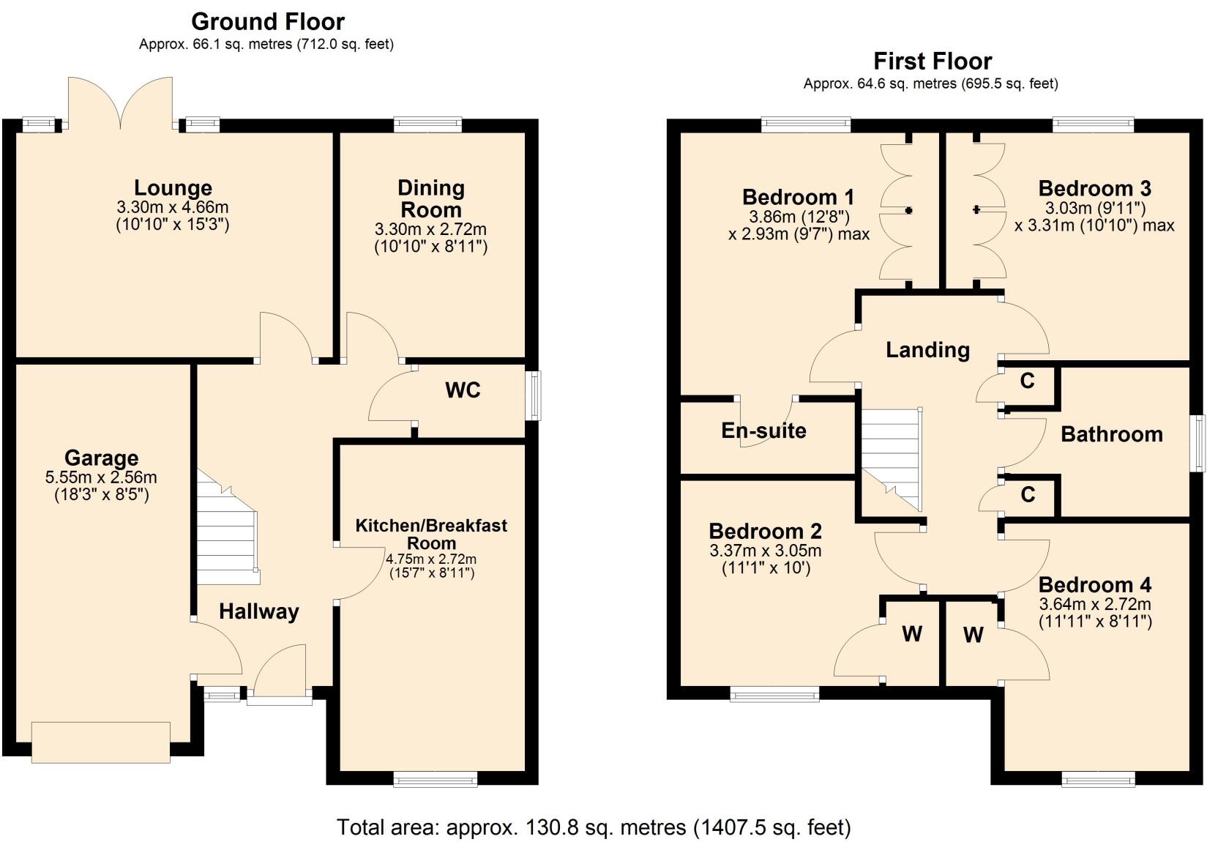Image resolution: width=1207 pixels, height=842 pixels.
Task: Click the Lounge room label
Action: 173,188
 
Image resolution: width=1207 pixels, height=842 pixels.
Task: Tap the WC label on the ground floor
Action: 463,390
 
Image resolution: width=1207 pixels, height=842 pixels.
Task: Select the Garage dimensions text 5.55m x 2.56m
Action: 101,477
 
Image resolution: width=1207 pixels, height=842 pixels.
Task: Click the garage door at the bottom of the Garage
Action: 101,742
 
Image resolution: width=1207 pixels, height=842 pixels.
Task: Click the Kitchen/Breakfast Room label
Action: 431,534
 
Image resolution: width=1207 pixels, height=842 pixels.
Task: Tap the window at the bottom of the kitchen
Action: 436,780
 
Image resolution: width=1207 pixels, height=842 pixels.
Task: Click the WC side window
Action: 535,395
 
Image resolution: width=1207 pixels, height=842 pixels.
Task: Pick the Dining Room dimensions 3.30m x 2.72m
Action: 430,229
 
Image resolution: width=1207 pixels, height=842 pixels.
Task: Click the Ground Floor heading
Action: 268,21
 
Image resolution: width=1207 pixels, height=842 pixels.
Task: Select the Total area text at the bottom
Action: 594,827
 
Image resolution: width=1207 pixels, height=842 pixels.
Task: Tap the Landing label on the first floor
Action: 927,350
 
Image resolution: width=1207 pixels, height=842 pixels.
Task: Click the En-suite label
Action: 763,431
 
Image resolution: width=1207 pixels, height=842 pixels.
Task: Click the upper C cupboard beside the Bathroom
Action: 1028,381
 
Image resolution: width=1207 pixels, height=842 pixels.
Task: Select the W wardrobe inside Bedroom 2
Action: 911,634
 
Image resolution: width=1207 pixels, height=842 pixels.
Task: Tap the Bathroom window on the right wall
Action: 1198,444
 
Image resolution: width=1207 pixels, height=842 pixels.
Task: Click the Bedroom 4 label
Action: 1094,585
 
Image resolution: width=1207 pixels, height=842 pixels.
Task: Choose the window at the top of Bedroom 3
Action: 1093,124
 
